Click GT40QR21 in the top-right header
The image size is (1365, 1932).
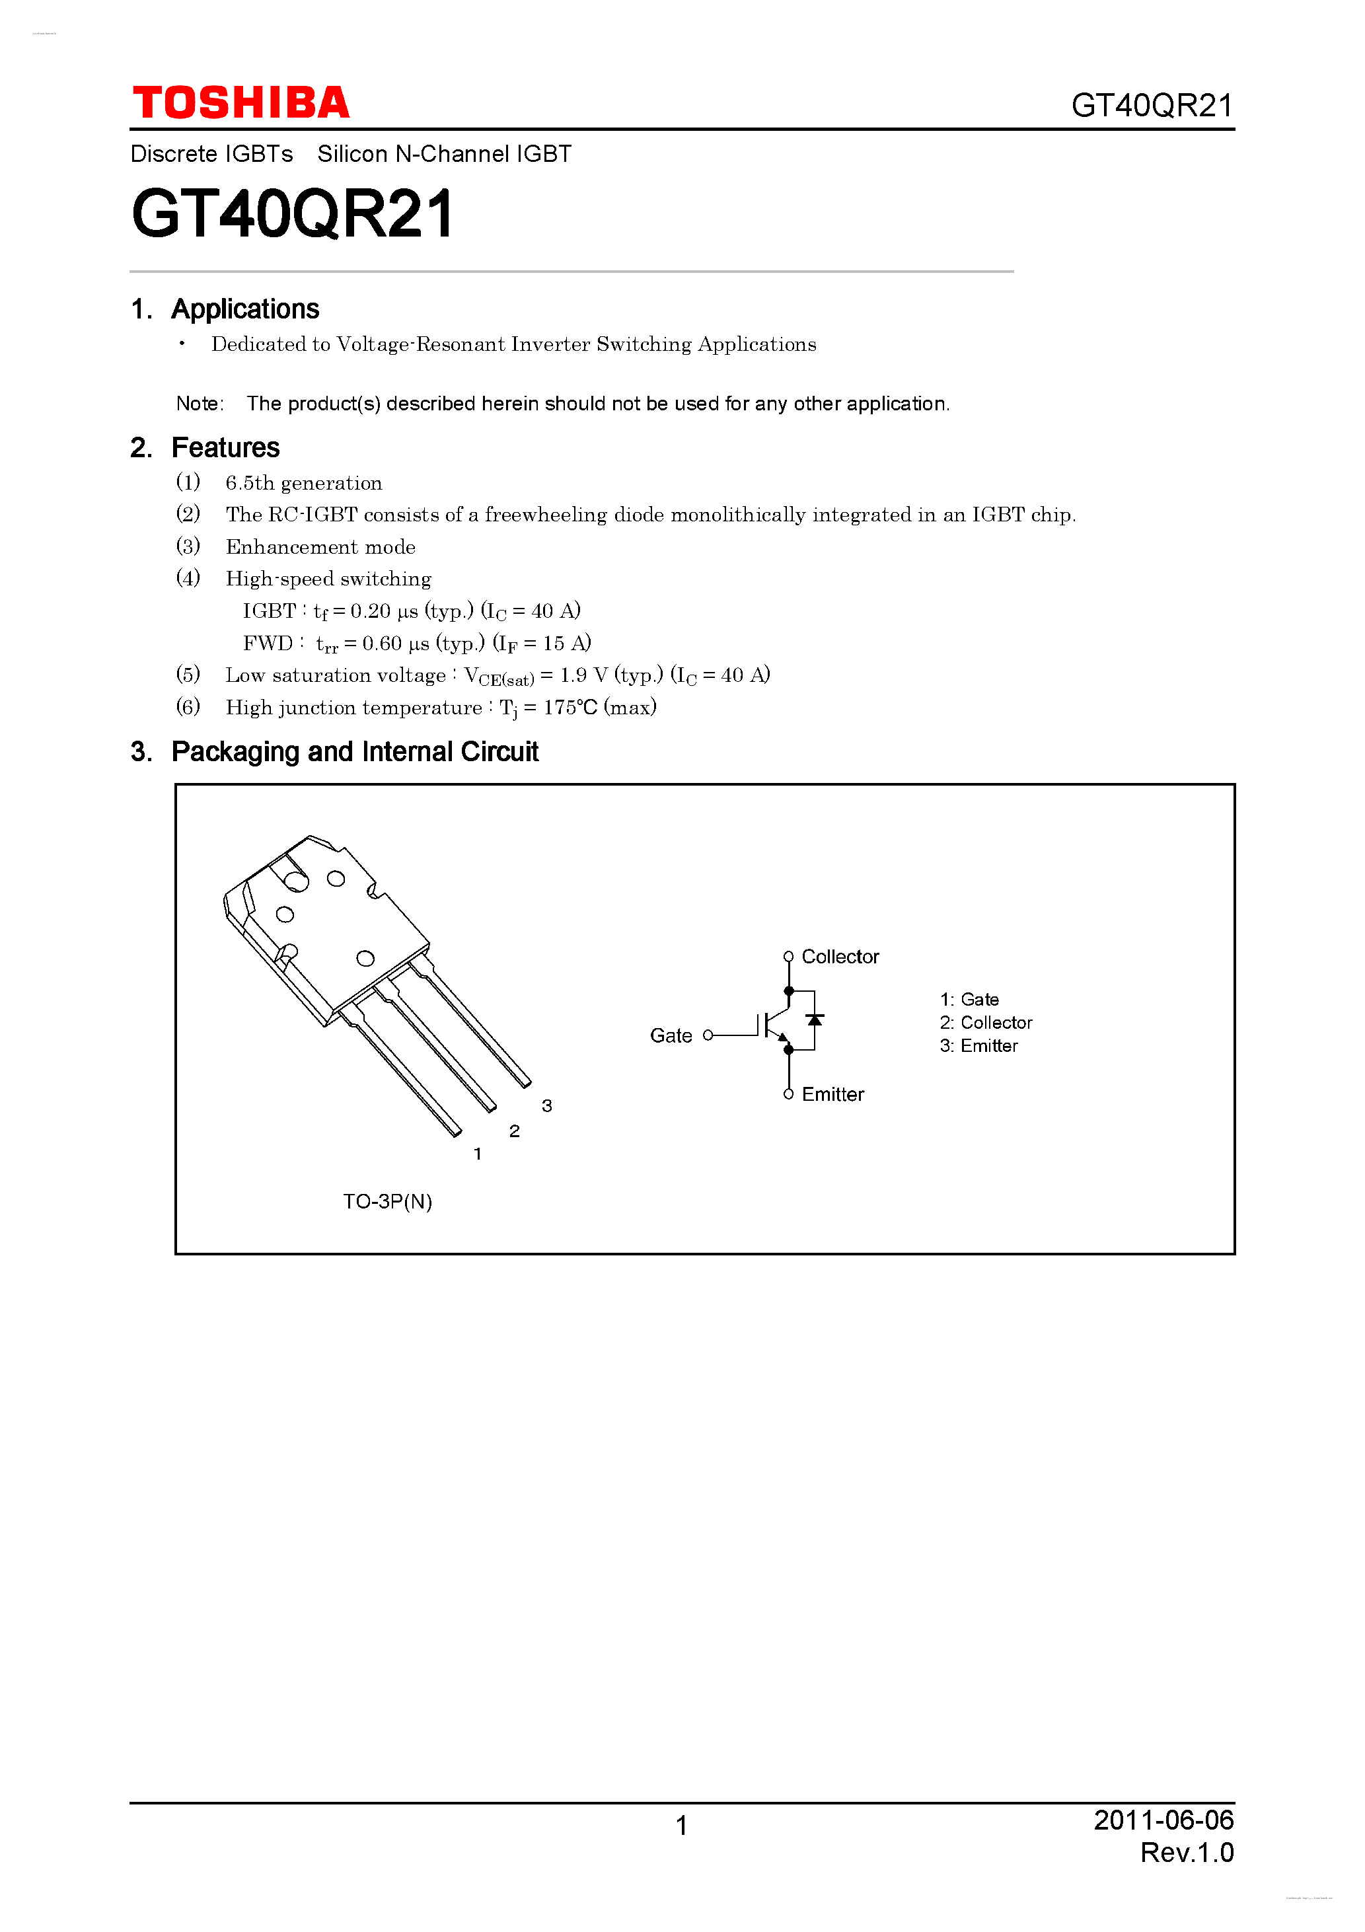(x=1151, y=106)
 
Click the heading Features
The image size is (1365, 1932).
(x=225, y=448)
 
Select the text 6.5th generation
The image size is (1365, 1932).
(x=304, y=483)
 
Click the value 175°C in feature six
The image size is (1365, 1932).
(x=570, y=708)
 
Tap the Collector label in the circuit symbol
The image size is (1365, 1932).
(x=840, y=957)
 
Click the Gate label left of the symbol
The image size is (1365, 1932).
(x=671, y=1036)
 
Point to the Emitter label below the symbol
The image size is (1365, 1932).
(x=832, y=1095)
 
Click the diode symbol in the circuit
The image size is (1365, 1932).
(x=814, y=1020)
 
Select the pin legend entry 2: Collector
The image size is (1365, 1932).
(x=986, y=1022)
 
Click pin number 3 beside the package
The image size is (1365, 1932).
(x=547, y=1105)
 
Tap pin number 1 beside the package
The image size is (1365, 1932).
(x=478, y=1154)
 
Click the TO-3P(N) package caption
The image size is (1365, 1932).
(x=387, y=1202)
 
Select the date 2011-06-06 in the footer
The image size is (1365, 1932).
(x=1163, y=1820)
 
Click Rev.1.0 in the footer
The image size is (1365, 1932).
(x=1187, y=1853)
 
